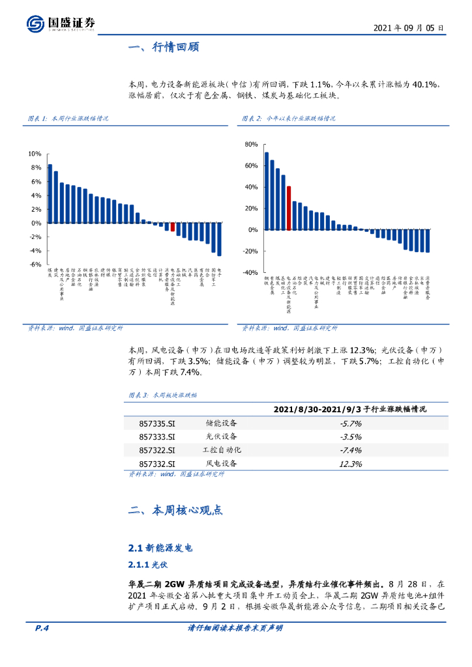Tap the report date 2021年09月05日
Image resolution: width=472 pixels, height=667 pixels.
(x=409, y=29)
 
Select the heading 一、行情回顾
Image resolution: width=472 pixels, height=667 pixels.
(x=164, y=48)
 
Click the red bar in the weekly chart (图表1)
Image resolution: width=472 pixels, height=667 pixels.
(x=172, y=227)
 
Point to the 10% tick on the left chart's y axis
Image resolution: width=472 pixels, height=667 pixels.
(x=35, y=154)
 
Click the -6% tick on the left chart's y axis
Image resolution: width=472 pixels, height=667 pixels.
(x=35, y=264)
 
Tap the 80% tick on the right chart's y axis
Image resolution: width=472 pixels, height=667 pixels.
(x=251, y=144)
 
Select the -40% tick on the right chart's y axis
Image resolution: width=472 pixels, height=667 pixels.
(x=250, y=273)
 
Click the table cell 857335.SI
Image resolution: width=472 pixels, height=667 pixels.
(x=157, y=423)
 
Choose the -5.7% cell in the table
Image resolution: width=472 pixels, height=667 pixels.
(x=351, y=423)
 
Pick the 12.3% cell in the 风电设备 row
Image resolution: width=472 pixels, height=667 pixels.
(x=351, y=464)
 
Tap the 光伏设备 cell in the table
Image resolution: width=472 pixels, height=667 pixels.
(x=222, y=436)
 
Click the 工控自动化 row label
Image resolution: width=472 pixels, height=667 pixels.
(x=222, y=450)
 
